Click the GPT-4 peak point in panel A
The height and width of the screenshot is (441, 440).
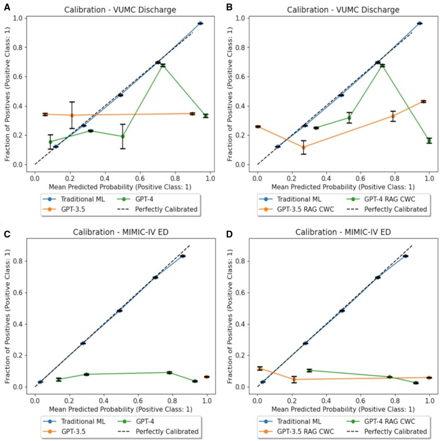tap(162, 65)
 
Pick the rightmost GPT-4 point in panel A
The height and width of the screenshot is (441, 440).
tap(206, 116)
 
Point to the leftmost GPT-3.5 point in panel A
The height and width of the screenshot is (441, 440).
tap(45, 114)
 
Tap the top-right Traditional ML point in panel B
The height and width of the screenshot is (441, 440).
tap(419, 23)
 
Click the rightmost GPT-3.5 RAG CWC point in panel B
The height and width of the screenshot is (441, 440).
tap(423, 102)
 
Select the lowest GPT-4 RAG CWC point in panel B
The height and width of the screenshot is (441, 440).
tap(429, 140)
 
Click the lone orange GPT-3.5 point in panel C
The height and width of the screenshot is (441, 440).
tap(206, 377)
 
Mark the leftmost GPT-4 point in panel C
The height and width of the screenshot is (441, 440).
tap(59, 380)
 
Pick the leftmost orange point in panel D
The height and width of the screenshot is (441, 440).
tap(259, 369)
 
